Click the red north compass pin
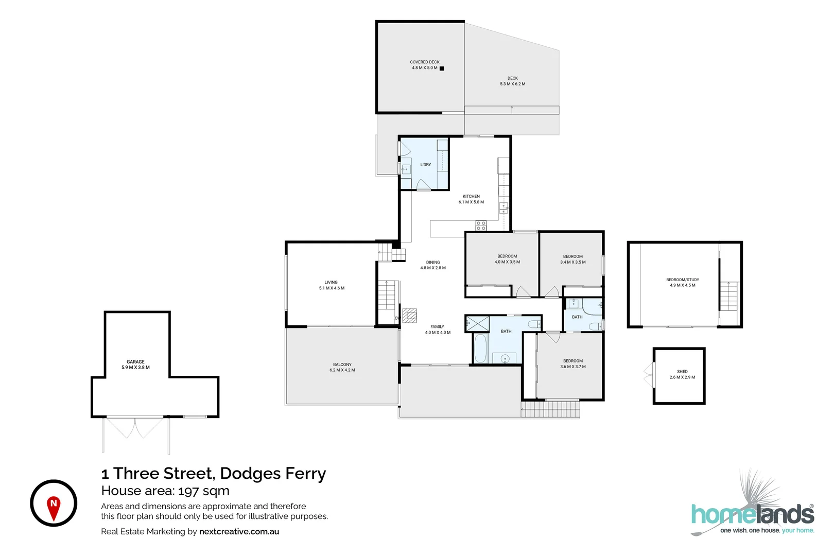coord(54,508)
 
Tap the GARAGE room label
coord(135,361)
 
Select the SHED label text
coord(683,371)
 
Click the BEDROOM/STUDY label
coord(683,280)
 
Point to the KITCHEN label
coord(472,196)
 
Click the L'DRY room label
coord(426,165)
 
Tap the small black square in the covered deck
coord(442,68)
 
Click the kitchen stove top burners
coord(481,225)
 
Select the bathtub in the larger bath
coord(480,349)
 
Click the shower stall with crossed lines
coord(477,324)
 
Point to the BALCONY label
coord(342,364)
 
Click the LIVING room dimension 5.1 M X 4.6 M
coord(332,288)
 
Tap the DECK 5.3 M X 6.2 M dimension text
coord(513,84)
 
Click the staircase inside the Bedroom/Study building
coord(728,296)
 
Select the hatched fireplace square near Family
coord(409,316)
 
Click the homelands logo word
coord(753,514)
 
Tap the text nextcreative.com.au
coord(239,531)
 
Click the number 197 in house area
coord(190,491)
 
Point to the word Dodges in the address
coord(251,474)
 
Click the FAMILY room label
coord(438,326)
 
